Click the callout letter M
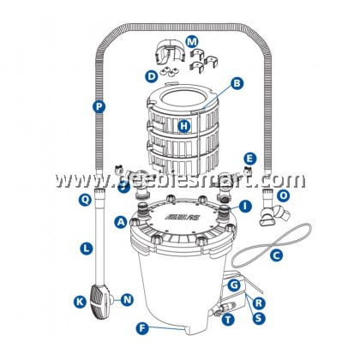pos(191,40)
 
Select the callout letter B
pos(237,84)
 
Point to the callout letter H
pos(184,127)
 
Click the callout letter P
pos(99,107)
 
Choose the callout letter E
pos(249,159)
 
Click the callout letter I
pos(245,206)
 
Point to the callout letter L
pos(86,248)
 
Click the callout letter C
pos(276,255)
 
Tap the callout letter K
pos(79,302)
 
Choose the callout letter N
pos(127,299)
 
